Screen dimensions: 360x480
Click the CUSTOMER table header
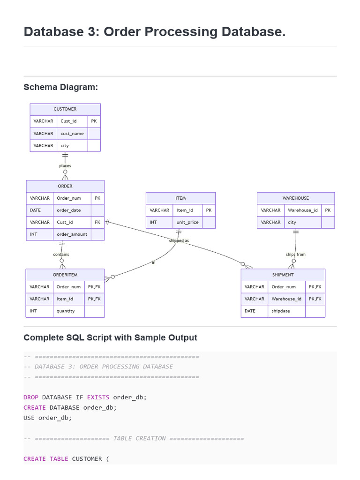coord(65,109)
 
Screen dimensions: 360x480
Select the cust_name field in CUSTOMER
coord(72,134)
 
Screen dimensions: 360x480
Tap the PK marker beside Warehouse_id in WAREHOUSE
coord(328,210)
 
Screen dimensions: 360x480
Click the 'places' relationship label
coord(65,165)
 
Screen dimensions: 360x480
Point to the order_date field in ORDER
coord(69,210)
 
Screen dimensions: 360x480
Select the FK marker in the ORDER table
coord(97,222)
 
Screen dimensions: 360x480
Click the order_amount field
coord(72,234)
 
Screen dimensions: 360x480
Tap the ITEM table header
coord(180,198)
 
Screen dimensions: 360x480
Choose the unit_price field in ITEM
coord(187,222)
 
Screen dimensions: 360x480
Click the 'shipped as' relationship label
coord(179,240)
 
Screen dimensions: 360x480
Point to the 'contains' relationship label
coord(61,255)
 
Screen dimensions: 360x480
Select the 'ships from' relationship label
coord(296,255)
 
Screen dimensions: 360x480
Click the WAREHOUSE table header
coord(296,198)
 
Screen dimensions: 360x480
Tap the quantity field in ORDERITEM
coord(66,311)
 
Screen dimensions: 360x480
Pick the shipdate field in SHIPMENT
coord(281,311)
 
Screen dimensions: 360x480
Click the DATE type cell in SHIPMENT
coord(250,311)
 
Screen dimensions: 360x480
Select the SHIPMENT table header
coord(283,275)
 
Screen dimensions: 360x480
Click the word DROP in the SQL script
coord(31,397)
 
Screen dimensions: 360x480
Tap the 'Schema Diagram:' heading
coord(60,87)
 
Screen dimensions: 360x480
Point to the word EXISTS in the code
coord(98,397)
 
